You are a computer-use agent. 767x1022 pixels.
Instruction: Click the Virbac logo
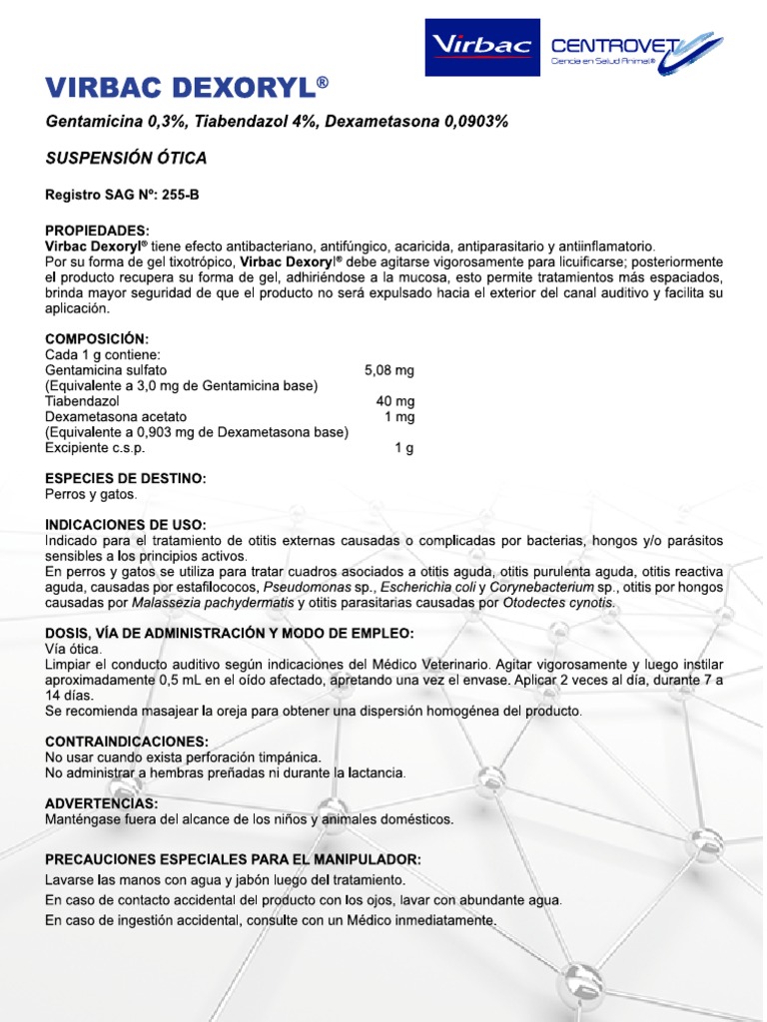point(483,47)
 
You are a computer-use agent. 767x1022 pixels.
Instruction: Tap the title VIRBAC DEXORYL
point(187,89)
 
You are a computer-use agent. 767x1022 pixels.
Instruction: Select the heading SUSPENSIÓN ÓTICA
point(126,158)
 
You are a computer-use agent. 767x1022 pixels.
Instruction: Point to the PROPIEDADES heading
point(97,230)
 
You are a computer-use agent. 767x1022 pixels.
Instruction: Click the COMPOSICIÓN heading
point(96,339)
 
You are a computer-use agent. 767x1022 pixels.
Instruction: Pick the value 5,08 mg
point(390,370)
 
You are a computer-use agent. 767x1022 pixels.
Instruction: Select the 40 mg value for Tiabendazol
point(394,401)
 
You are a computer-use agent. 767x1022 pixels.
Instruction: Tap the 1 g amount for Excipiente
point(404,448)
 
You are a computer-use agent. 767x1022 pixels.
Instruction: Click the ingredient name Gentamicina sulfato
point(106,370)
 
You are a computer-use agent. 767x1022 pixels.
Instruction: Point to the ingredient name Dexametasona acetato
point(116,417)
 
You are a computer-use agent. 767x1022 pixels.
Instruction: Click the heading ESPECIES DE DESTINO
point(126,479)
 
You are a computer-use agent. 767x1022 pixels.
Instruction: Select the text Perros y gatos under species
point(91,494)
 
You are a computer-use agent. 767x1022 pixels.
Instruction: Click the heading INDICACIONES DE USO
point(126,525)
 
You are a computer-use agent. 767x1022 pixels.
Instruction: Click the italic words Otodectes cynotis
point(558,603)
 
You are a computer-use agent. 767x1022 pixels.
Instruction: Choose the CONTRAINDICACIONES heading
point(127,742)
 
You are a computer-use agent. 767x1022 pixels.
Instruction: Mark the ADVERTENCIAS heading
point(101,803)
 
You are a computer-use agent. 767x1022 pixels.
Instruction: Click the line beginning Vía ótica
point(73,650)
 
